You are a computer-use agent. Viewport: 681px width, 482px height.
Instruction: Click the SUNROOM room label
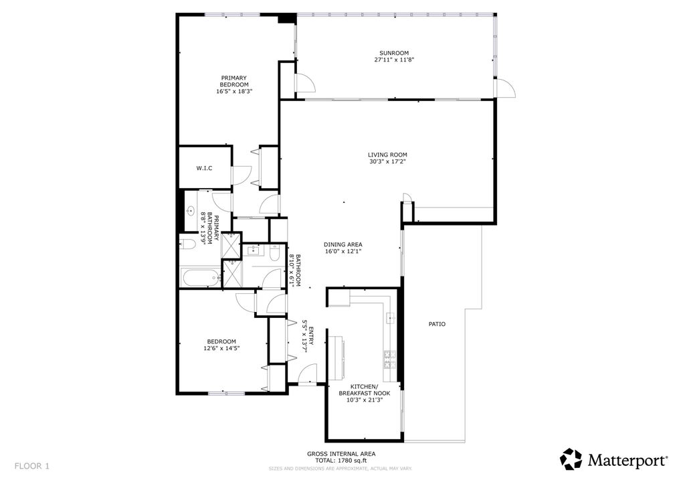point(394,54)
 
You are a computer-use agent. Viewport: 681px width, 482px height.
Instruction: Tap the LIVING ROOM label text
point(387,155)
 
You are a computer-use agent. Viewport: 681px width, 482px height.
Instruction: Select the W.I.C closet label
point(204,168)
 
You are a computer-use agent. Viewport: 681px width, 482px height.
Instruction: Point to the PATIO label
point(437,324)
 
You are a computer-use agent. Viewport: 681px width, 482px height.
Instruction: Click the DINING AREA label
point(343,244)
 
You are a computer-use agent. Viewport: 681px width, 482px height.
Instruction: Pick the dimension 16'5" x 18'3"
point(233,91)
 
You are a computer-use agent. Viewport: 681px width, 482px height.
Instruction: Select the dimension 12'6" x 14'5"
point(221,348)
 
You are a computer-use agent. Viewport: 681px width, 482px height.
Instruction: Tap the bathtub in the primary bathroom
point(200,277)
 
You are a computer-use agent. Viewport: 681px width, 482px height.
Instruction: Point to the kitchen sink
point(390,317)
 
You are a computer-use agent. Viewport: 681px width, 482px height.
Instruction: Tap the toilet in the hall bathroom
point(275,252)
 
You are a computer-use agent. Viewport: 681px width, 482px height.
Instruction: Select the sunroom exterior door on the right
point(505,88)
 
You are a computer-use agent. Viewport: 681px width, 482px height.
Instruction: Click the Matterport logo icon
point(571,459)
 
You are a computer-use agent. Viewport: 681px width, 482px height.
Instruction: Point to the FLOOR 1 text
point(31,465)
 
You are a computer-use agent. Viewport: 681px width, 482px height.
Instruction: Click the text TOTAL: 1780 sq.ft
point(340,461)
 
